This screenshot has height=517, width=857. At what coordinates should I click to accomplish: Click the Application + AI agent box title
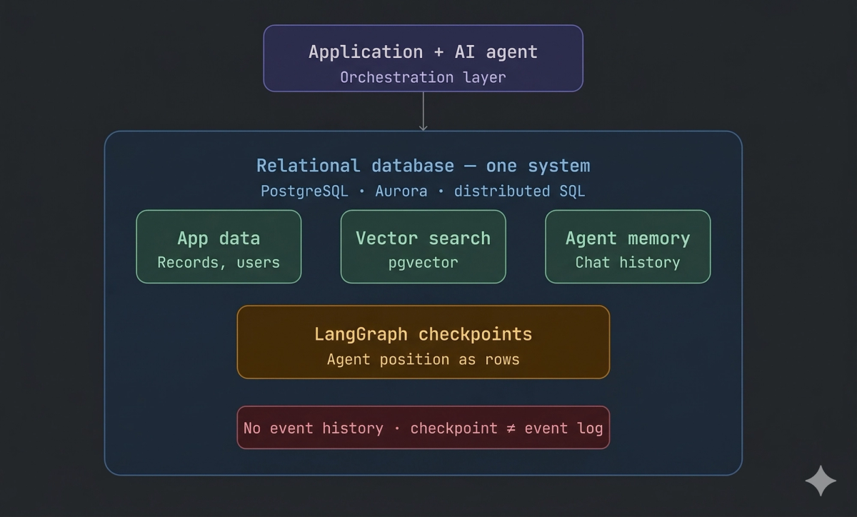(423, 52)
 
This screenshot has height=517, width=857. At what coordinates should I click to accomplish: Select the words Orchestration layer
(423, 77)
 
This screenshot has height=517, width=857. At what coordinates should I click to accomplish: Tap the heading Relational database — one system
(423, 166)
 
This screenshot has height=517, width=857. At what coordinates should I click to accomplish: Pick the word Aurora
(401, 191)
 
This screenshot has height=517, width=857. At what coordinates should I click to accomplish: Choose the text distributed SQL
(519, 191)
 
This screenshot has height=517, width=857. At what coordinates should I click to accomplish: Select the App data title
(219, 239)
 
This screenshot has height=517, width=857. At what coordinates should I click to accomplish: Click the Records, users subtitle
(219, 262)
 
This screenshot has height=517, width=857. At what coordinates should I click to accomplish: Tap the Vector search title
(423, 239)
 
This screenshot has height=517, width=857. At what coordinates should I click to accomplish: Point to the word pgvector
(423, 262)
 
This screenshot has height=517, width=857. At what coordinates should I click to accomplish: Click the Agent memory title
(628, 239)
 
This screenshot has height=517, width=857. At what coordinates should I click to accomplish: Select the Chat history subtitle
(628, 262)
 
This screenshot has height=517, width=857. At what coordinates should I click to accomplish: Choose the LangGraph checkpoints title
(423, 334)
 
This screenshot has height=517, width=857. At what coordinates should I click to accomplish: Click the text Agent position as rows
(423, 359)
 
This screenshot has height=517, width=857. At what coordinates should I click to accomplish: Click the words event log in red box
(563, 428)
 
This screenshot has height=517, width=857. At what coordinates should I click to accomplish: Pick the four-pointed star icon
(821, 481)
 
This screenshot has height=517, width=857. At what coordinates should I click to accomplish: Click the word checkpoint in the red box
(453, 428)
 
